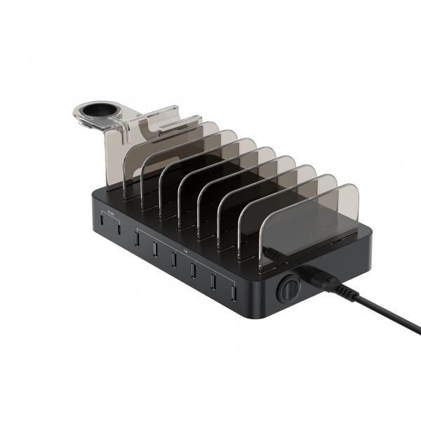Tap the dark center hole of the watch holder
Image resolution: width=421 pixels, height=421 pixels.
pyautogui.click(x=98, y=111)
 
